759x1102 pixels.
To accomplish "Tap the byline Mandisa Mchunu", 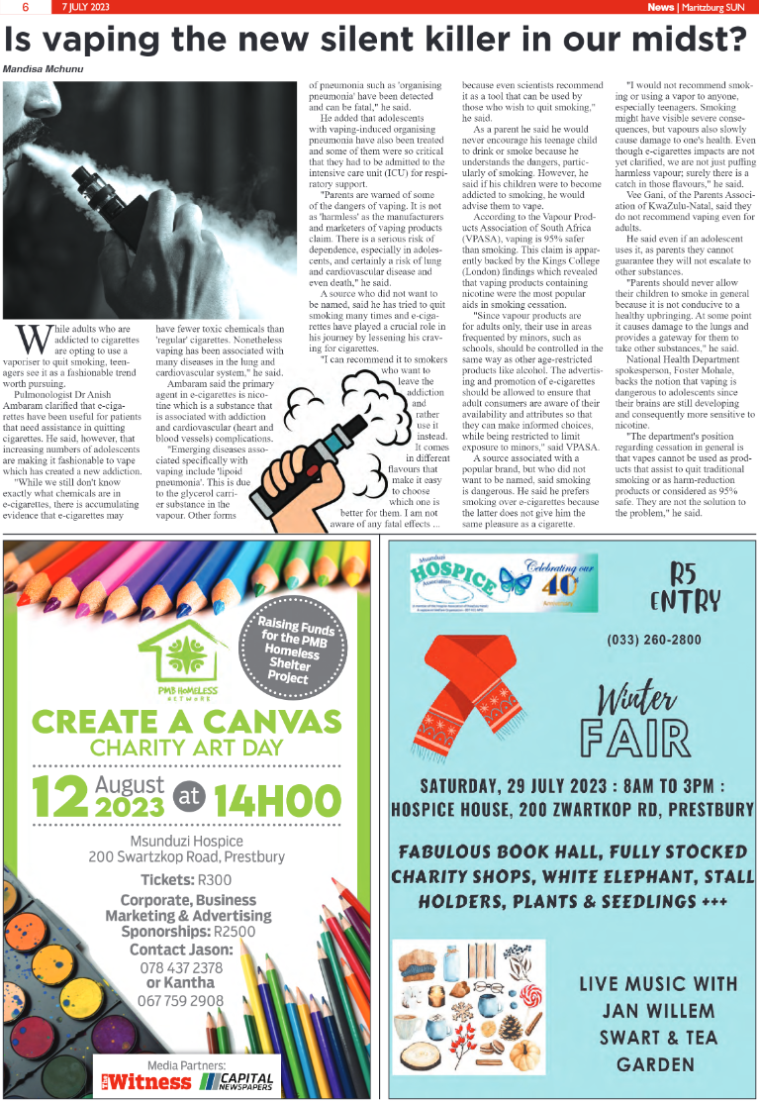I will pos(45,69).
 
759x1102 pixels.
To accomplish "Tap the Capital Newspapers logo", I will pos(238,1079).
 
